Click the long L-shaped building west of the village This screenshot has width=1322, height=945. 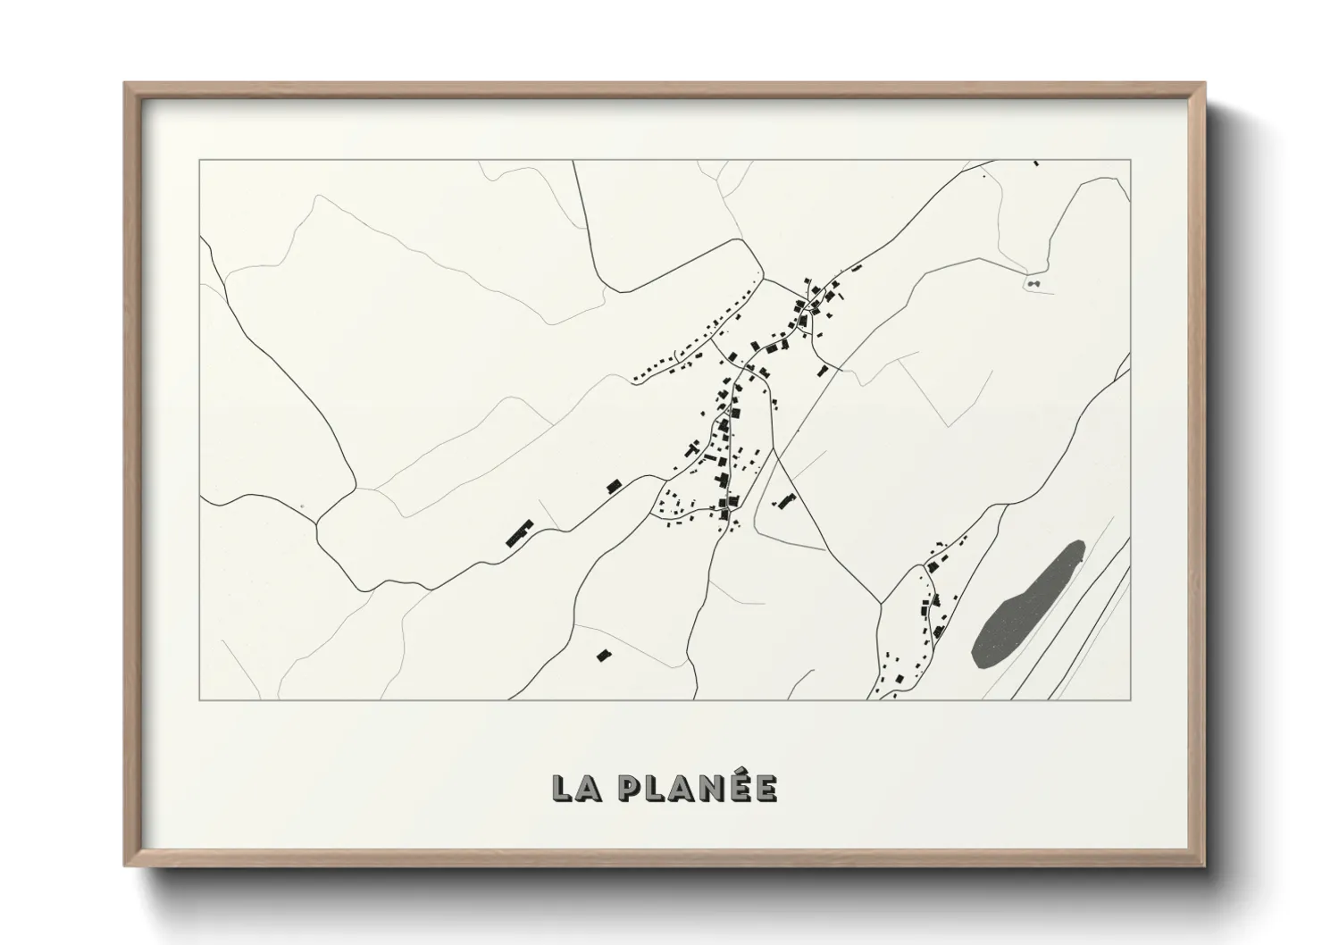coord(517,534)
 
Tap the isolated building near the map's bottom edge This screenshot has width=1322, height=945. coord(603,656)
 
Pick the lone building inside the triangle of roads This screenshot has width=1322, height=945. coord(786,501)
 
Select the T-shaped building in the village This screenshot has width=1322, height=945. coord(719,482)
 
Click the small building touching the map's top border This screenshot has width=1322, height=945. coord(1036,163)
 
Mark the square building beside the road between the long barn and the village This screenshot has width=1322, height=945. coord(614,486)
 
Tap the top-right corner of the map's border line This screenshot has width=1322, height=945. coord(1131,160)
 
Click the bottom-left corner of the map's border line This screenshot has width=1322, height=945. coord(199,699)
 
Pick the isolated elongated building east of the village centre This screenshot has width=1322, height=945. coord(823,370)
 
